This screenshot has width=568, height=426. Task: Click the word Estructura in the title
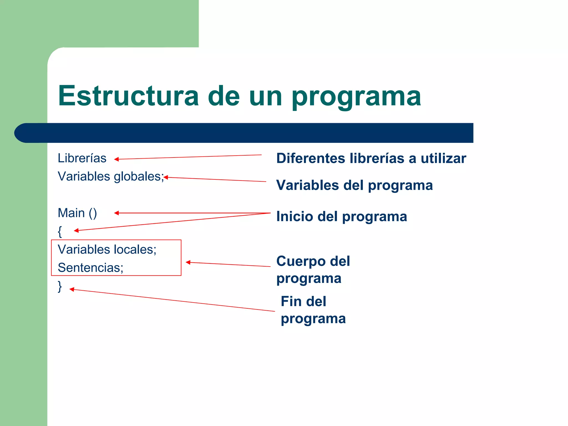click(128, 96)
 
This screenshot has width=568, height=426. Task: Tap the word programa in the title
click(356, 97)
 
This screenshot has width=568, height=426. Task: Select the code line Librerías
click(82, 158)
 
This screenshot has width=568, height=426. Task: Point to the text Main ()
click(77, 213)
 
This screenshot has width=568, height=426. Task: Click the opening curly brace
click(60, 231)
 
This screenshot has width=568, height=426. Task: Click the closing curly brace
click(60, 286)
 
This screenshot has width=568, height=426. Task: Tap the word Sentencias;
click(90, 268)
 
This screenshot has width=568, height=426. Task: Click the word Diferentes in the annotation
click(311, 158)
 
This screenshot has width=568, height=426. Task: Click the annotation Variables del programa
click(354, 185)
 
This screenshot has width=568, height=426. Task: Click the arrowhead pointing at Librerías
click(116, 159)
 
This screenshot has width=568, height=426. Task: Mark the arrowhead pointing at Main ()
click(116, 213)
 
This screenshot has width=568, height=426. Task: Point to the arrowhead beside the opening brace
click(76, 230)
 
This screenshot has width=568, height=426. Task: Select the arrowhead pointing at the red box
click(188, 262)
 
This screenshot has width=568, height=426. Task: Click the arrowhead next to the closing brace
click(72, 289)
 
